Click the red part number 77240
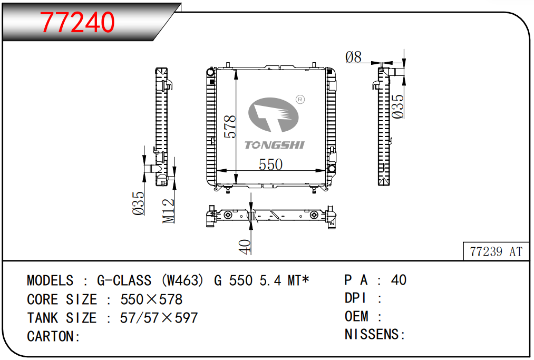[x=77, y=22]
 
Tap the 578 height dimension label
[x=230, y=127]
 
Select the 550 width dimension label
[x=271, y=164]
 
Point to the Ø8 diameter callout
[x=353, y=57]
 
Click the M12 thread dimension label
[x=169, y=211]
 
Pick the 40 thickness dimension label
[x=245, y=247]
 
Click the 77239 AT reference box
[x=496, y=251]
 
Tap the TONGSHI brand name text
[x=275, y=145]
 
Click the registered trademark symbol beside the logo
[x=300, y=100]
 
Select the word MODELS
[x=50, y=280]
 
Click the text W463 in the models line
[x=182, y=280]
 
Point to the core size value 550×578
[x=151, y=299]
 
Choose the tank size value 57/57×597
[x=159, y=318]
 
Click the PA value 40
[x=399, y=280]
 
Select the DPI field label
[x=355, y=298]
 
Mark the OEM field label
[x=356, y=316]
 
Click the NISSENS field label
[x=371, y=335]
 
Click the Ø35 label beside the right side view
[x=397, y=106]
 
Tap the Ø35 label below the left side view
[x=138, y=203]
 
